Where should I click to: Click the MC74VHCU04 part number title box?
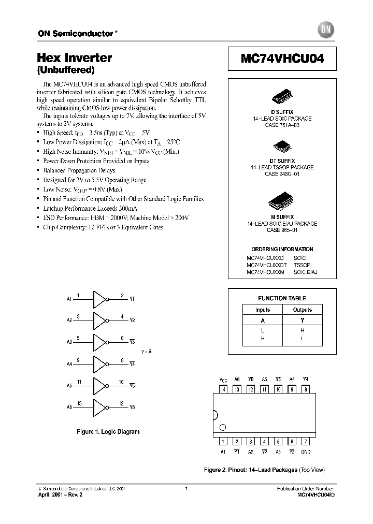tap(282, 59)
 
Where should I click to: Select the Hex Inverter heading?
tap(75, 58)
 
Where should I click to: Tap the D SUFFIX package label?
tap(282, 112)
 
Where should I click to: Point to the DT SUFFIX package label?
tap(282, 162)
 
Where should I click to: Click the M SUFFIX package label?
tap(282, 217)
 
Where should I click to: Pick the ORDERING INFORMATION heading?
tap(282, 249)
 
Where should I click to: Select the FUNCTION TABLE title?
tap(282, 298)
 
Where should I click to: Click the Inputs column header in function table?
tap(263, 310)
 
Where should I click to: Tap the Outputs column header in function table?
tap(303, 310)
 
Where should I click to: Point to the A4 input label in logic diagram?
tap(69, 364)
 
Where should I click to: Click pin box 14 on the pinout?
tap(223, 389)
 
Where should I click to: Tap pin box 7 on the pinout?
tap(306, 442)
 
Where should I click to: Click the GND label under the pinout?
tap(306, 452)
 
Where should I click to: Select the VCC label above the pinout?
tap(223, 380)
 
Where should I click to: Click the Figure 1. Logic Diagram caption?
tap(108, 432)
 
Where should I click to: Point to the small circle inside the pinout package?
tap(223, 427)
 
